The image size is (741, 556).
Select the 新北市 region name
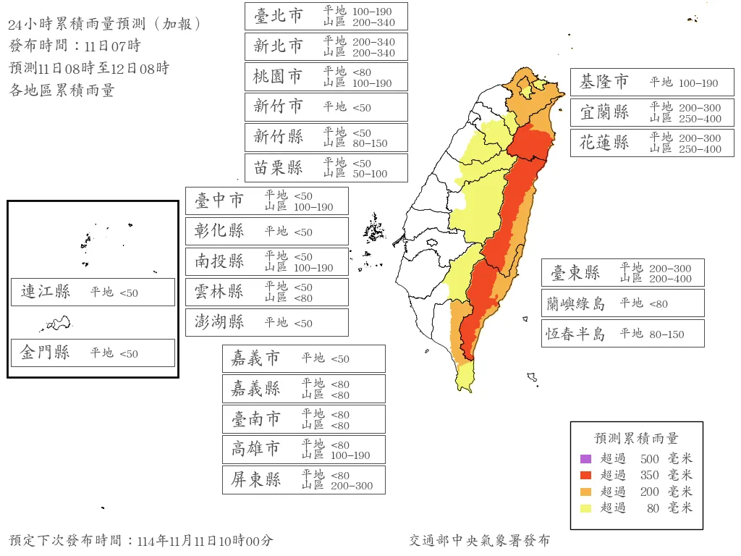[279, 46]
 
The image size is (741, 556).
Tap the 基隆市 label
[604, 83]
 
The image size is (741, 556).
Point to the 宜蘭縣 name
[604, 112]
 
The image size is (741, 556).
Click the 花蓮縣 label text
[604, 143]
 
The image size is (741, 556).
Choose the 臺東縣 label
[575, 273]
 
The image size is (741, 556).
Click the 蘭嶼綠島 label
[575, 303]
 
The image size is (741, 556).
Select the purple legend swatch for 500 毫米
[586, 459]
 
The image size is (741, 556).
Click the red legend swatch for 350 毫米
[586, 476]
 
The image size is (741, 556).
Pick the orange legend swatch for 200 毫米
[586, 492]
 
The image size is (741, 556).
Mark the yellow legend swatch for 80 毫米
[586, 508]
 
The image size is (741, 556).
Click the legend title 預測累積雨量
[636, 439]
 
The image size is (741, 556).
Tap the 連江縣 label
[46, 292]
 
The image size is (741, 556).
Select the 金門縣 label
[46, 353]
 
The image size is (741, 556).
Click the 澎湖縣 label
[219, 322]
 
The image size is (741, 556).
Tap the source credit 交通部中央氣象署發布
[479, 541]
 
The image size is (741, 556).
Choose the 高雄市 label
[255, 449]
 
